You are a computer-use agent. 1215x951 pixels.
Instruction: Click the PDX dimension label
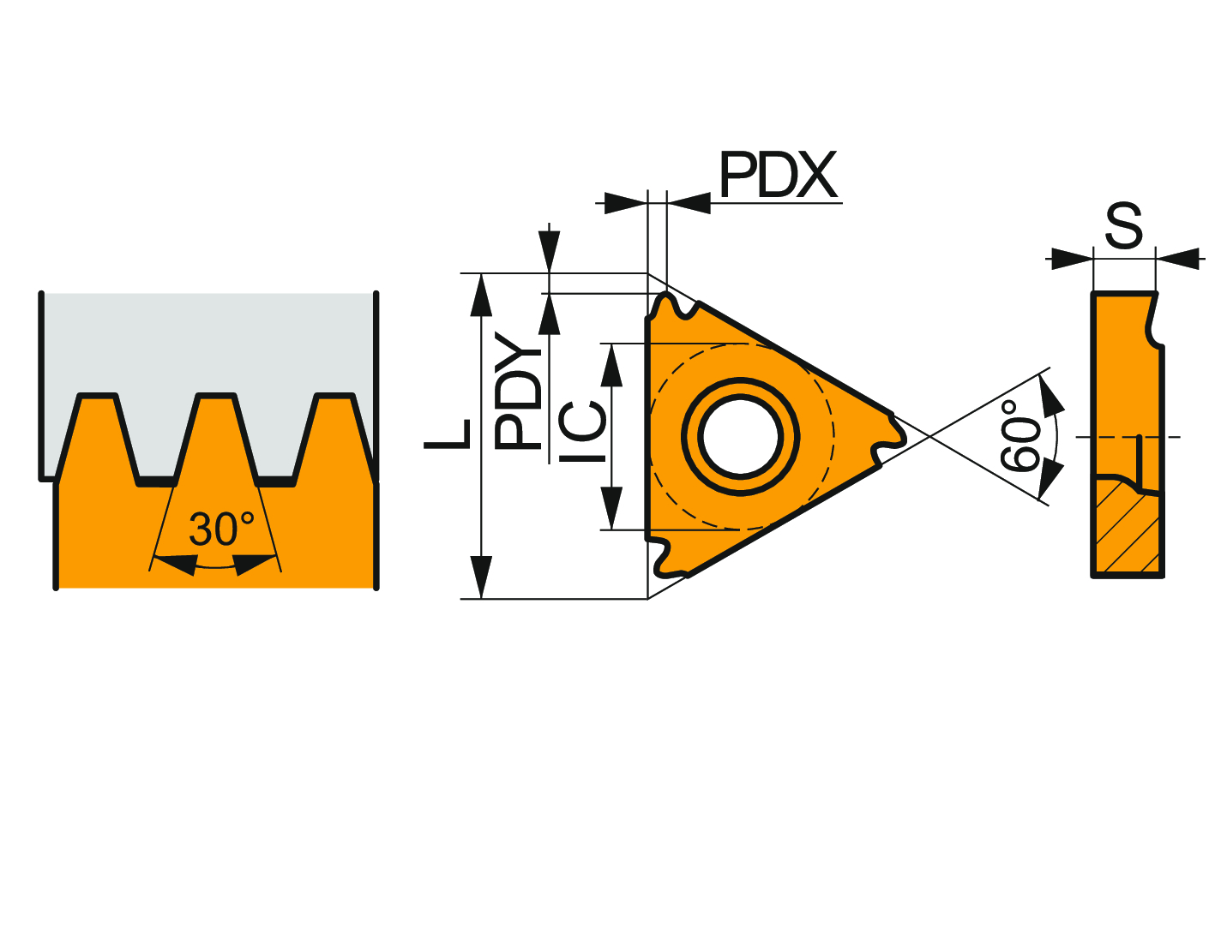pyautogui.click(x=778, y=174)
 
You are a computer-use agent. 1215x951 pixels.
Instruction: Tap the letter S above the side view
pyautogui.click(x=1124, y=225)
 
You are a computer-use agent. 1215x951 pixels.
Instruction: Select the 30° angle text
pyautogui.click(x=222, y=529)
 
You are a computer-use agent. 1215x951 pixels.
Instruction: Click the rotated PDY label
pyautogui.click(x=518, y=391)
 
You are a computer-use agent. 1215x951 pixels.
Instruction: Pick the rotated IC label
pyautogui.click(x=582, y=432)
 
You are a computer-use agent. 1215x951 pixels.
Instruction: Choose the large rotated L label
pyautogui.click(x=447, y=434)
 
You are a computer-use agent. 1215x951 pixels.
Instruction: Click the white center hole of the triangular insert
pyautogui.click(x=740, y=436)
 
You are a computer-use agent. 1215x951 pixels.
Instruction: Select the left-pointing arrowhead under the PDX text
pyautogui.click(x=689, y=203)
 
